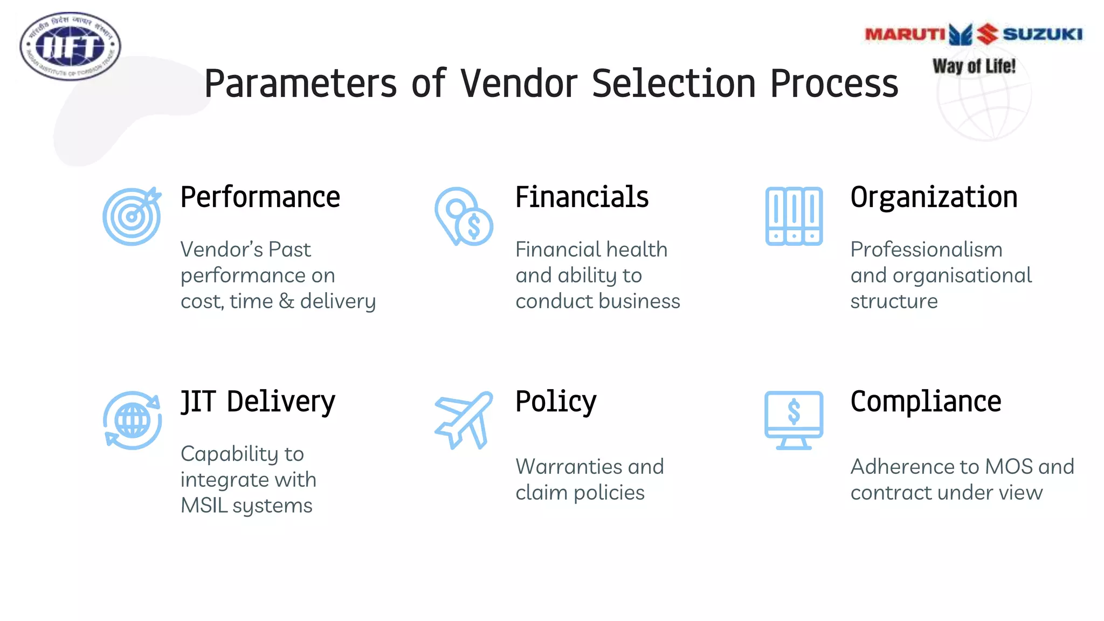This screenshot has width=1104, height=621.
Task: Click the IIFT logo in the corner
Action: coord(70,46)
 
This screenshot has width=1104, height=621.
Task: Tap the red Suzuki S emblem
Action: coord(988,34)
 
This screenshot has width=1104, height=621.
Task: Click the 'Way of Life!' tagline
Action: coord(974,66)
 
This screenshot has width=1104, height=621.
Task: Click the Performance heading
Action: coord(260,197)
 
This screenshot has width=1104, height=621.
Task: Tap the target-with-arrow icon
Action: coord(132,216)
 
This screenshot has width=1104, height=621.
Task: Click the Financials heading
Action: coord(582,197)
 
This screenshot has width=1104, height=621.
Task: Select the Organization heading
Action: coord(934,197)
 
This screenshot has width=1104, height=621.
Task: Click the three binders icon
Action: coord(793,216)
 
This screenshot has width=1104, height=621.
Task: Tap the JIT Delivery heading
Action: coord(258,402)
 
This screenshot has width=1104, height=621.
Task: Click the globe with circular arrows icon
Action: coord(132,420)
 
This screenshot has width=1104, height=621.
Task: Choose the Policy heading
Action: coord(556,402)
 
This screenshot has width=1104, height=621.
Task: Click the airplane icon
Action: coord(464,420)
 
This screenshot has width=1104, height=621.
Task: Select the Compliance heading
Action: coord(926,402)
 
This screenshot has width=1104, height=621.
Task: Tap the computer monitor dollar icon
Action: coord(793,420)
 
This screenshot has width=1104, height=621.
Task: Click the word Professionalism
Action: coord(926,250)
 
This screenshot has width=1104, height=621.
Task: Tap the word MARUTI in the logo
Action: coord(905,34)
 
